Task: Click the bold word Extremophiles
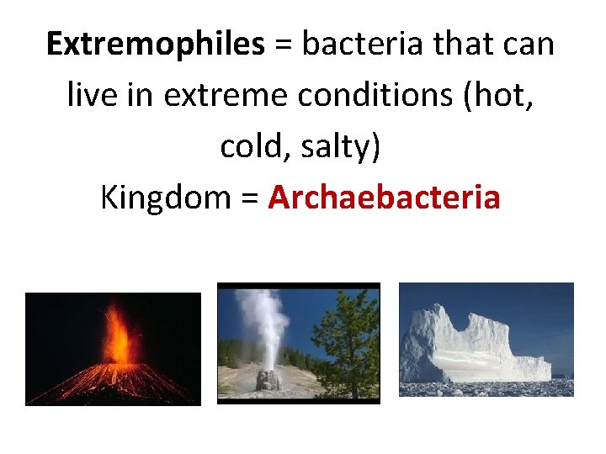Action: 156,45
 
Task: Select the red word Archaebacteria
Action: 385,198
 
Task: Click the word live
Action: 92,96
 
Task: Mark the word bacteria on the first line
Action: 364,45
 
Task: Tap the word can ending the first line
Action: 529,45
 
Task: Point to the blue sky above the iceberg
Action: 539,303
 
